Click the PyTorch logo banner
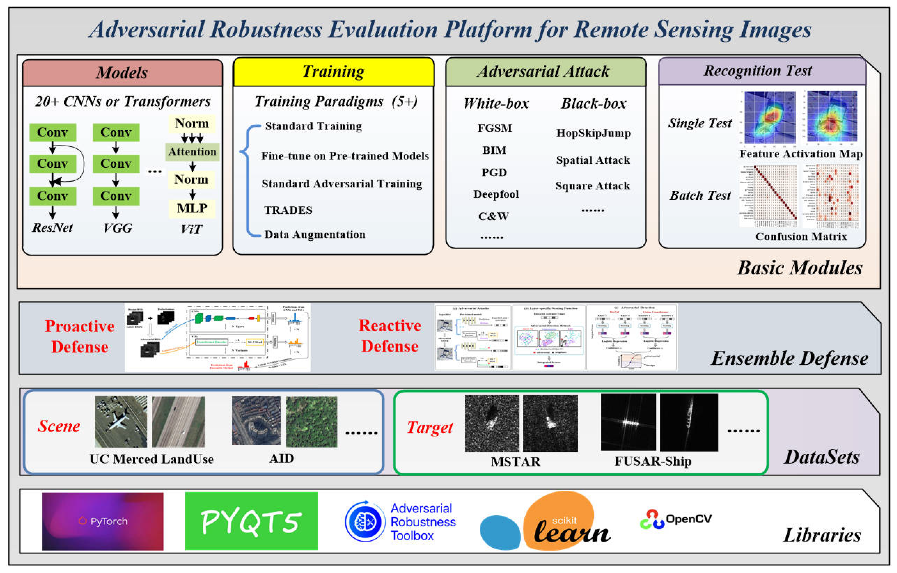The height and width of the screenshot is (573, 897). pyautogui.click(x=102, y=521)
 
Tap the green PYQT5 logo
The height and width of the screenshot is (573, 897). pyautogui.click(x=251, y=521)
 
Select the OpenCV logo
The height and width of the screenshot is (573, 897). pyautogui.click(x=675, y=519)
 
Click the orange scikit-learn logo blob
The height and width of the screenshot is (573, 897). pyautogui.click(x=559, y=519)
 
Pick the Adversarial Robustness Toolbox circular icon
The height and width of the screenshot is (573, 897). pyautogui.click(x=365, y=522)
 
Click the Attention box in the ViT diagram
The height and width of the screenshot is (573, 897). pyautogui.click(x=192, y=152)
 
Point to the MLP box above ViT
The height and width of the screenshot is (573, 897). pyautogui.click(x=192, y=209)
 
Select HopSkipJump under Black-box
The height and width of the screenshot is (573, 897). pyautogui.click(x=593, y=133)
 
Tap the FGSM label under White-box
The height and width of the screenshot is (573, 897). pyautogui.click(x=495, y=128)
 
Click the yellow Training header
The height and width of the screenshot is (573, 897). pyautogui.click(x=334, y=71)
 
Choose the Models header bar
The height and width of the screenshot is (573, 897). pyautogui.click(x=122, y=73)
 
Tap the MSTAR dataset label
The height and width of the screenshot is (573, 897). pyautogui.click(x=515, y=462)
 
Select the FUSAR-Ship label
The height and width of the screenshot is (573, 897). pyautogui.click(x=653, y=461)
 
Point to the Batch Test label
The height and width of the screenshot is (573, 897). pyautogui.click(x=700, y=195)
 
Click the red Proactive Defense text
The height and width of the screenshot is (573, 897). pyautogui.click(x=79, y=337)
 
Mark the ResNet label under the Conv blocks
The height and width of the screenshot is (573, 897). pyautogui.click(x=53, y=227)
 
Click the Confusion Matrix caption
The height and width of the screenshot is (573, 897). pyautogui.click(x=801, y=237)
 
